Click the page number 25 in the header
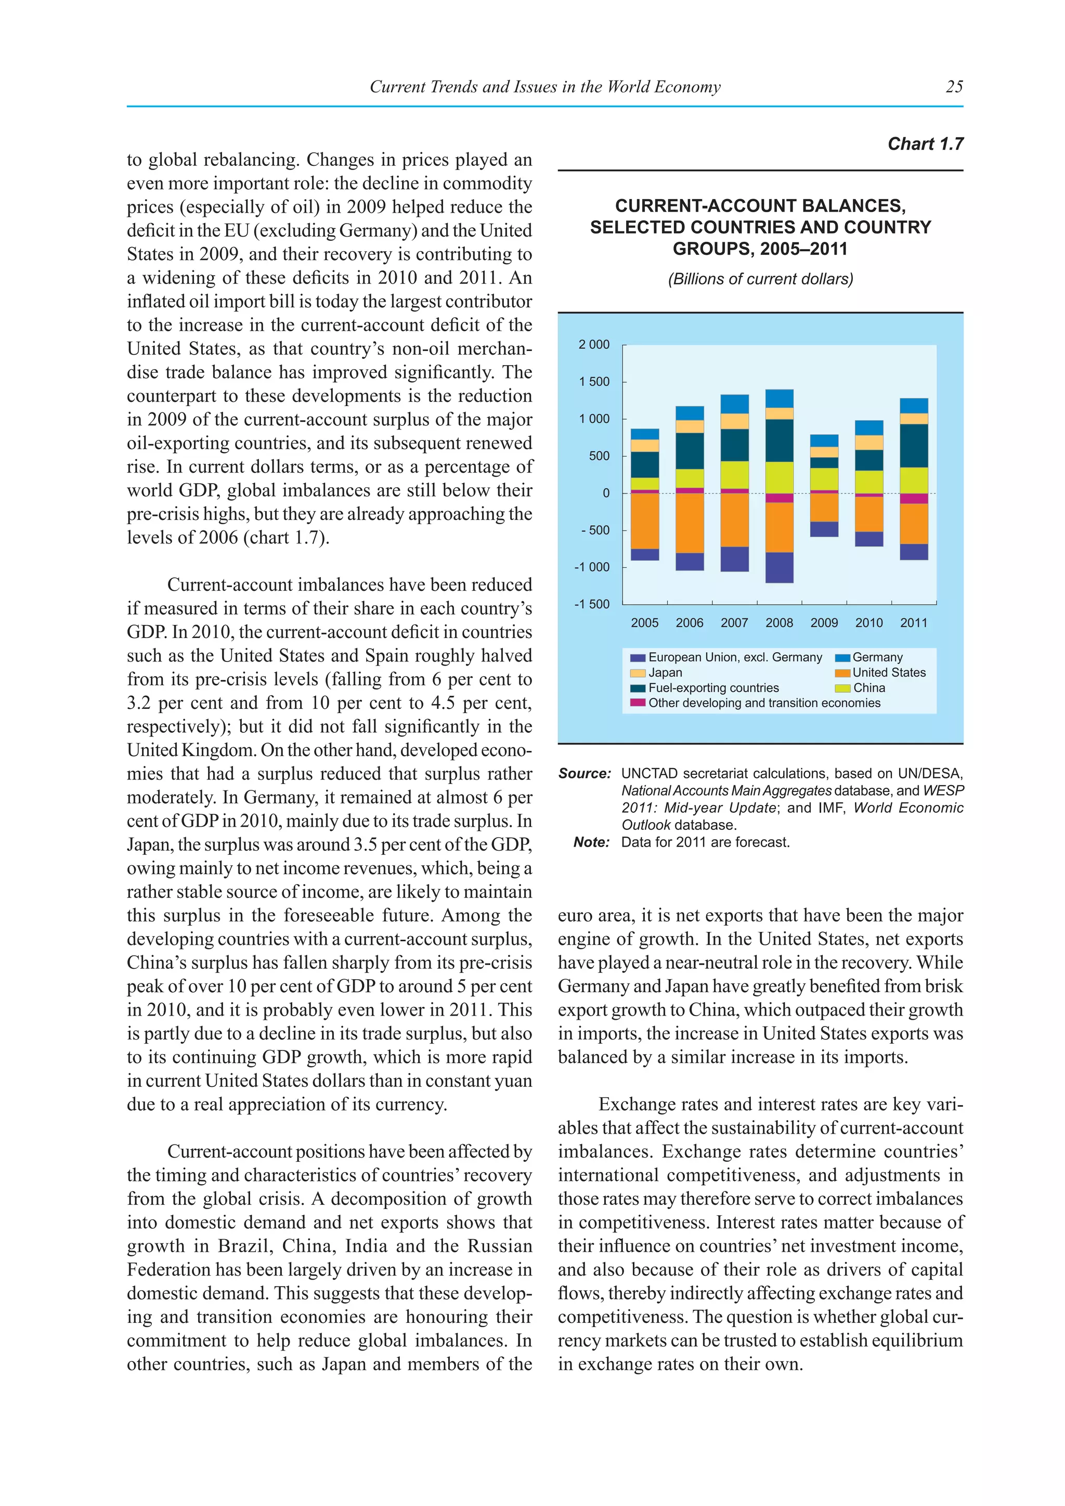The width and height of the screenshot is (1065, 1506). [x=954, y=86]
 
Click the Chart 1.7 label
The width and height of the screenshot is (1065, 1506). [x=925, y=144]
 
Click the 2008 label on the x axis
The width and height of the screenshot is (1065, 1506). [x=779, y=623]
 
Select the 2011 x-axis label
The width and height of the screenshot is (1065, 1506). [x=914, y=623]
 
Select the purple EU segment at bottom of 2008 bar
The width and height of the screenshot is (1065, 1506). [x=779, y=567]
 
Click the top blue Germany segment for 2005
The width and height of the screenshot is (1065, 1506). [x=645, y=434]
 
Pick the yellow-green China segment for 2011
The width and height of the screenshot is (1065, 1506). [x=914, y=480]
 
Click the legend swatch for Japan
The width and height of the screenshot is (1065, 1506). [x=638, y=673]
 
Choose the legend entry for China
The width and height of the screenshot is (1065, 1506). [x=869, y=688]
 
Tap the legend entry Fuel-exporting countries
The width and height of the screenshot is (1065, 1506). [x=713, y=688]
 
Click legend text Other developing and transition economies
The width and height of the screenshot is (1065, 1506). [x=764, y=703]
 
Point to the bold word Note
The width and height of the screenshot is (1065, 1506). [x=591, y=842]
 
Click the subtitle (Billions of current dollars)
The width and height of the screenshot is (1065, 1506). [x=760, y=279]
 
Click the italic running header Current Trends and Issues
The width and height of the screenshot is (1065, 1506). [x=544, y=86]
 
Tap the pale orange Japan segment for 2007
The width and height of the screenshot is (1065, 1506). [x=734, y=421]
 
